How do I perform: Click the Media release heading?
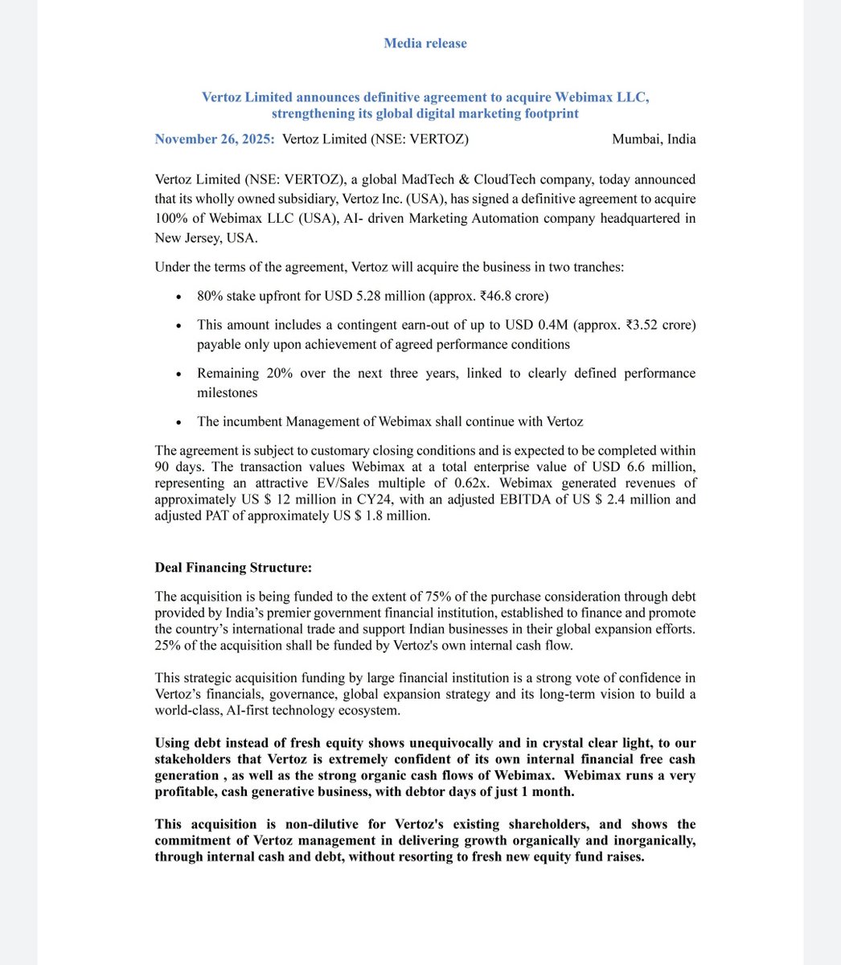425,43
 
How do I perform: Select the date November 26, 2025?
214,139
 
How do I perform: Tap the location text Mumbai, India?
654,139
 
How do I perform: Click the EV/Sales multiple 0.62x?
519,483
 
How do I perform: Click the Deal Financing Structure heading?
233,568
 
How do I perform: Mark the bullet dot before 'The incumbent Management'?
178,422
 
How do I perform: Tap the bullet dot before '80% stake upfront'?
178,297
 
